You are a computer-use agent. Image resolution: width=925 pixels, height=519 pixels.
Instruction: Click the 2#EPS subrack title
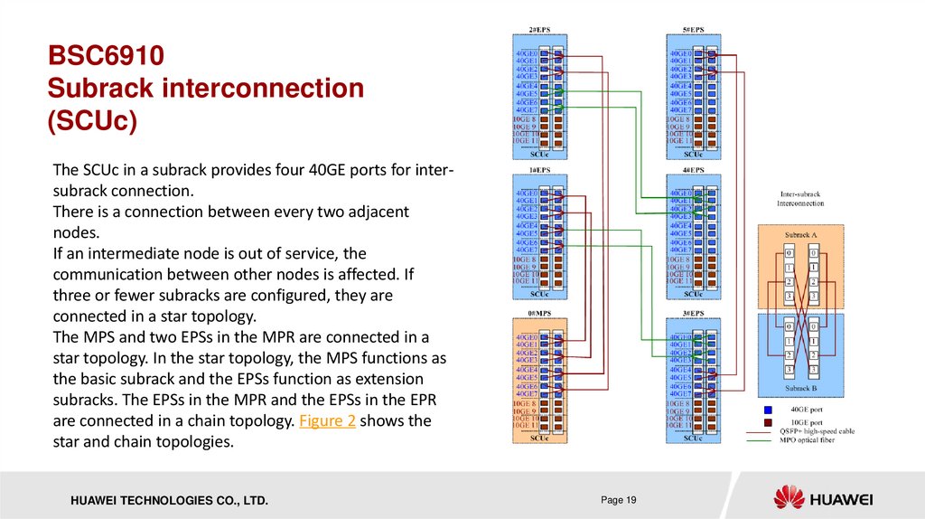coord(539,28)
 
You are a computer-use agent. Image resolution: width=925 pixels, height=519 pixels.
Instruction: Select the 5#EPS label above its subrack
coord(693,28)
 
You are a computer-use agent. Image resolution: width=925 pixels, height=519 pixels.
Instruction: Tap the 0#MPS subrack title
coord(539,311)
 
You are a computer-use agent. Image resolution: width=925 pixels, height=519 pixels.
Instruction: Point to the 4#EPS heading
coord(693,170)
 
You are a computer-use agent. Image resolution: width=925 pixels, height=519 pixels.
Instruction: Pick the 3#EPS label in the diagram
coord(693,311)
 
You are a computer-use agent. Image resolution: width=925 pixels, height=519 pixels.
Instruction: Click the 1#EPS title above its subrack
coord(539,170)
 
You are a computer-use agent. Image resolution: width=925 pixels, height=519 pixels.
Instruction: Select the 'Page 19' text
coord(619,500)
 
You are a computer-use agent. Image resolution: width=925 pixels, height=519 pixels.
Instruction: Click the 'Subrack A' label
coord(800,234)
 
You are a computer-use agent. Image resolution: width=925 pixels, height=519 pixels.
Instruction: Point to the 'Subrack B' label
coord(800,388)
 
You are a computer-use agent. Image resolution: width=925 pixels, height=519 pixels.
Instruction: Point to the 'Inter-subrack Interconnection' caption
coord(800,198)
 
